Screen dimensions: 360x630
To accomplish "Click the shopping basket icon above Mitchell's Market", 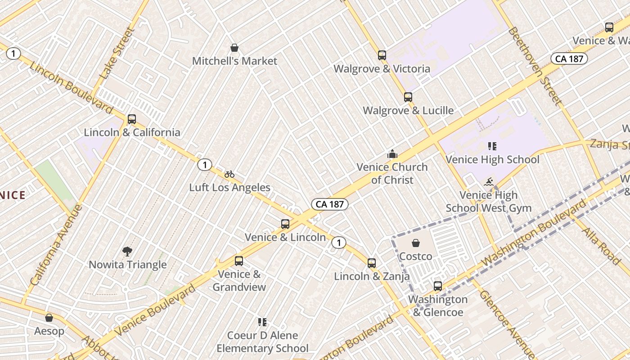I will click(234, 48).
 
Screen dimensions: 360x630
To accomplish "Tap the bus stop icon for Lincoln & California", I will click(131, 119).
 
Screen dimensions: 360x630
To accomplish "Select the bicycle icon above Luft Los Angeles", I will click(229, 174).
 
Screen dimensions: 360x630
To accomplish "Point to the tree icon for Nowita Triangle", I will click(127, 252).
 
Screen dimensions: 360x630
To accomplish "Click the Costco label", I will click(416, 256).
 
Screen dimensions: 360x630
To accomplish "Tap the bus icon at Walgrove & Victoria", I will click(382, 55).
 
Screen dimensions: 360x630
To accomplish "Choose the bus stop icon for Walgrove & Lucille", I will click(408, 97).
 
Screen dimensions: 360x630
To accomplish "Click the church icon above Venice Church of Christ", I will click(392, 154).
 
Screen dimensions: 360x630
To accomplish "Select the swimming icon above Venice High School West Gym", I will click(489, 182).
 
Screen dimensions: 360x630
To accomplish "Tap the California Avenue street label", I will click(57, 245).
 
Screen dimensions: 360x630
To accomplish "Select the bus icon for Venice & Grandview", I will click(239, 261).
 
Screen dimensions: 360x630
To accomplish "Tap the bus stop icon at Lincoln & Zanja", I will click(372, 263).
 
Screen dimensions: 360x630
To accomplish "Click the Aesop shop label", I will click(49, 331).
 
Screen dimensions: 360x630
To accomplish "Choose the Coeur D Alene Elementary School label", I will click(263, 342).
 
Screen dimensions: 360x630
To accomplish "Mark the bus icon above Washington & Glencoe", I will click(437, 286).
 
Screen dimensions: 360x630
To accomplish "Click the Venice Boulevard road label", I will click(155, 310).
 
